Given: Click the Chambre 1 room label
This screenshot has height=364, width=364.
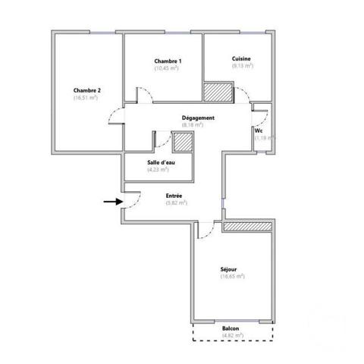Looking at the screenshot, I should pos(168,61).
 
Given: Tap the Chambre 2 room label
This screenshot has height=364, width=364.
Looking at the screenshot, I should pos(87,90).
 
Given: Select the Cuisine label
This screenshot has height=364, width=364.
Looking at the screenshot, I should pos(242,58).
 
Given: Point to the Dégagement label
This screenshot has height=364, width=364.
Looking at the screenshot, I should pos(199,118).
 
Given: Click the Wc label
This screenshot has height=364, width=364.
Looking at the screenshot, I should pos(259,130).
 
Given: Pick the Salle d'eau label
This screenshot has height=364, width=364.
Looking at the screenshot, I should pos(163,162).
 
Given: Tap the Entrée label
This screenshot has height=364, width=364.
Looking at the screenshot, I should pos(174,196).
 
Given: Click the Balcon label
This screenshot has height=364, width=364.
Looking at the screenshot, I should pos(231,328).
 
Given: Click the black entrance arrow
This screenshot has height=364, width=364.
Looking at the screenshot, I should pos(112,202).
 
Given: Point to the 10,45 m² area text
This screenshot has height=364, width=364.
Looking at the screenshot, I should pos(167,69).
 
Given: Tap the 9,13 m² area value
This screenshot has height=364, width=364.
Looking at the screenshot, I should pos(242,66).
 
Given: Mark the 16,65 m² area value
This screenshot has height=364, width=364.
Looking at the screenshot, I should pos(232,276).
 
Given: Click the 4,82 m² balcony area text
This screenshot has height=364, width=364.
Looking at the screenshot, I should pos(231,335).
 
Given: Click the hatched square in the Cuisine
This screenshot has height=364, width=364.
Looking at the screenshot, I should pos(216,91).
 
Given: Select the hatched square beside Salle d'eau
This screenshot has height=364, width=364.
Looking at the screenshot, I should pos(184,142).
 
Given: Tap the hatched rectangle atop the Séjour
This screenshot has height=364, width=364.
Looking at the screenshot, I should pos(247,227).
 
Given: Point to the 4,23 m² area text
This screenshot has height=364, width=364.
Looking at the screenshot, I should pos(158,170).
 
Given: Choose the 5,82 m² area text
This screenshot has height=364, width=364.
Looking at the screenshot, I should pos(177,203).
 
